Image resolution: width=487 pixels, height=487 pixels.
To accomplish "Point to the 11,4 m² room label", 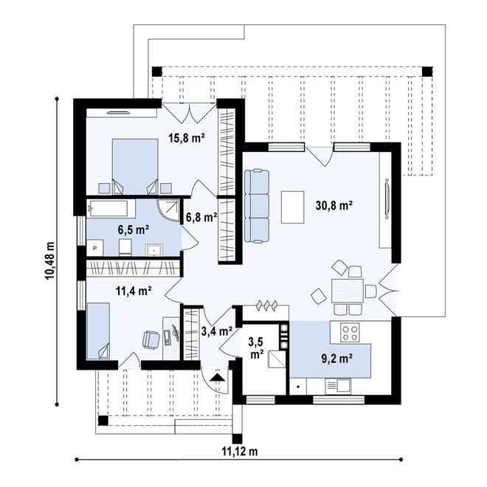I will [x=133, y=290].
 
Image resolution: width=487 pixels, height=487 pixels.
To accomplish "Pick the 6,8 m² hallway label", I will [x=201, y=217].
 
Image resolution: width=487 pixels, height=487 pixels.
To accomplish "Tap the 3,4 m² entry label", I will [x=217, y=332].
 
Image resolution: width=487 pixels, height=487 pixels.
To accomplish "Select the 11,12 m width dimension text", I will [x=241, y=450].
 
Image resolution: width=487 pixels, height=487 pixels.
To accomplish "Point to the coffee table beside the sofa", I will [x=293, y=207].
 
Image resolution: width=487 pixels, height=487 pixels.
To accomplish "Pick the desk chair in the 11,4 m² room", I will [x=151, y=339].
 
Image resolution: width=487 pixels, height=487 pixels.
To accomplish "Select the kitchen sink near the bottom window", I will [x=342, y=385].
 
